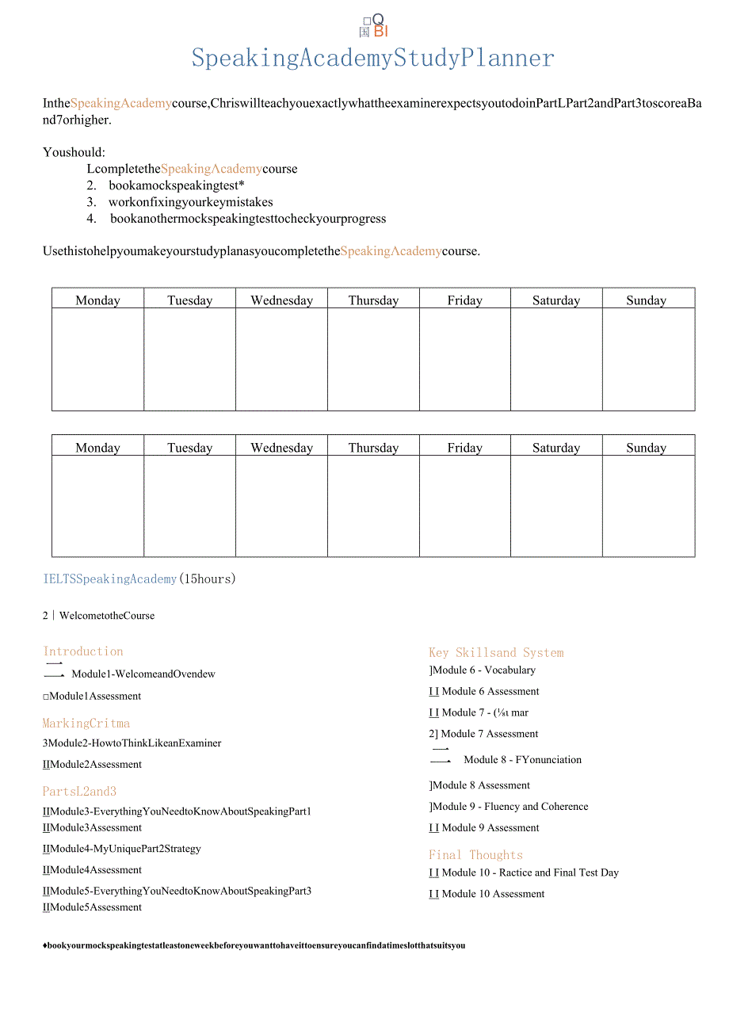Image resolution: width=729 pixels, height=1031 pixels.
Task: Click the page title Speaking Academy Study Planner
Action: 372,58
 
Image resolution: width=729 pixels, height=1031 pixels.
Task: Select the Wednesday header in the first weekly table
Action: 281,300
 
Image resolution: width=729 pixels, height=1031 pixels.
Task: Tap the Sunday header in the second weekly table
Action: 646,447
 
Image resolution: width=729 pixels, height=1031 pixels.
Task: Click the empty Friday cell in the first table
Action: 464,359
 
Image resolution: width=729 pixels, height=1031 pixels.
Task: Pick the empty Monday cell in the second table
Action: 97,506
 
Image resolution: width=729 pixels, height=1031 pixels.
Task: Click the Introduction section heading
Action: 83,651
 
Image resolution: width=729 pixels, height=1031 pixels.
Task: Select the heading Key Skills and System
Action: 496,652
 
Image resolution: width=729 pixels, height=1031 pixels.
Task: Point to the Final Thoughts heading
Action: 475,854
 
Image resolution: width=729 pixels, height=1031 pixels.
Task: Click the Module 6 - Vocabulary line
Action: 483,670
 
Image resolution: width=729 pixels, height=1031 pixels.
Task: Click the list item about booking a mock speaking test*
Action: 176,185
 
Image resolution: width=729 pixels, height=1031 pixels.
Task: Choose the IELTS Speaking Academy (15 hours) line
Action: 139,579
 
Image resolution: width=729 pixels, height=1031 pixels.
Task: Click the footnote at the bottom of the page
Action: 254,945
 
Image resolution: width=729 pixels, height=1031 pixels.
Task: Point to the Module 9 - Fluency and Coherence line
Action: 510,806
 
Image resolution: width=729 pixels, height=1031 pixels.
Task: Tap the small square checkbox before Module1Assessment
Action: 46,697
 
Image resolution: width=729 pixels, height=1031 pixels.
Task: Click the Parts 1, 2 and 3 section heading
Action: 79,791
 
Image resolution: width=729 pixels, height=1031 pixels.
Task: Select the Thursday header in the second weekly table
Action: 373,447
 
